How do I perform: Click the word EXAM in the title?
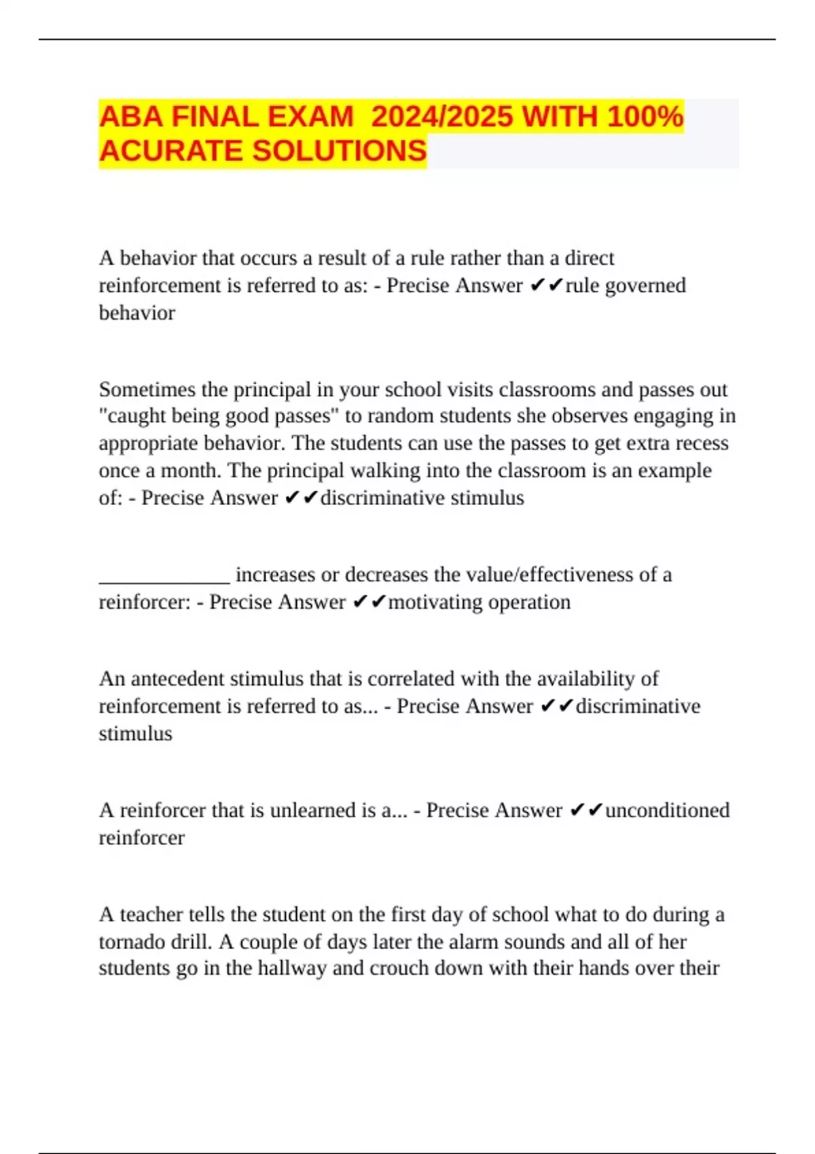(x=310, y=117)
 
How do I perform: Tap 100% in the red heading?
(x=645, y=117)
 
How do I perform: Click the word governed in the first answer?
(x=645, y=286)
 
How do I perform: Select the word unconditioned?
(x=667, y=811)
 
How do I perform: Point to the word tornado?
(x=130, y=942)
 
